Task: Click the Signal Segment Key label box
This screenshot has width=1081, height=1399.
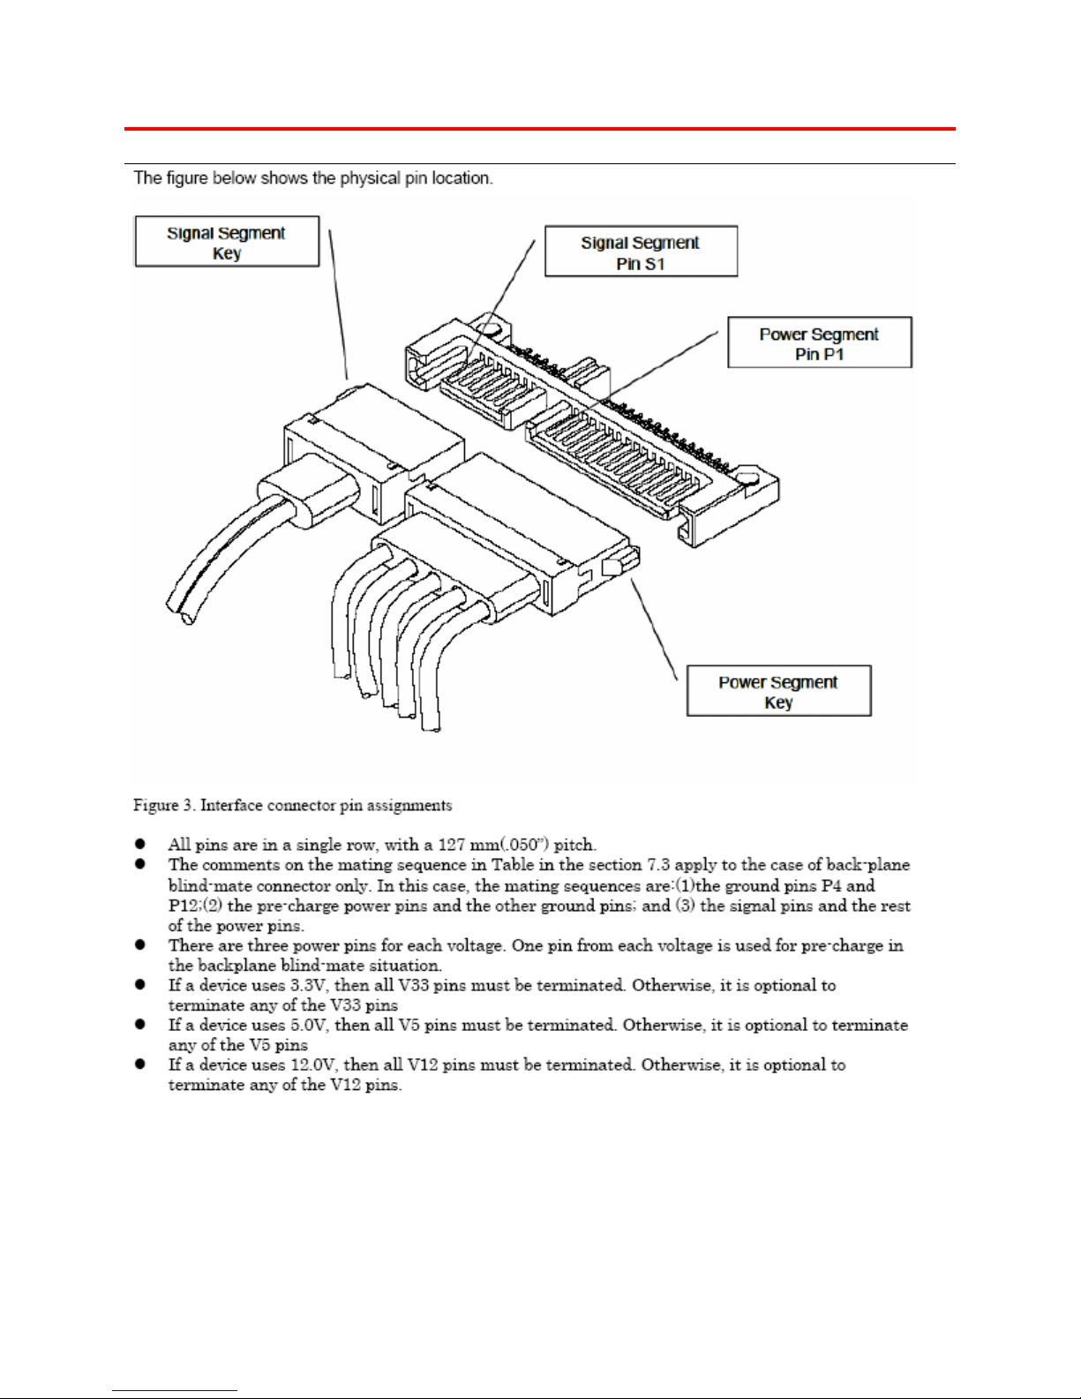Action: [x=227, y=242]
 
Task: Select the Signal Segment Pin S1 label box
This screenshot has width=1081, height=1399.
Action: [x=641, y=251]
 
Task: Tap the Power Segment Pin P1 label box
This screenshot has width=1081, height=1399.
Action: [x=820, y=342]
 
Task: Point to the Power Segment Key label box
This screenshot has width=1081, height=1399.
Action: [x=778, y=691]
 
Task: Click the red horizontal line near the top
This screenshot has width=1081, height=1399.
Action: [x=540, y=129]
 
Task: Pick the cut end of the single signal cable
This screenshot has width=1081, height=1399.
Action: [x=186, y=618]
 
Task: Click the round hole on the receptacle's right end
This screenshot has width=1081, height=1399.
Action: [x=748, y=477]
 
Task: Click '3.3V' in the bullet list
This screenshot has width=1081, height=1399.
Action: [x=310, y=986]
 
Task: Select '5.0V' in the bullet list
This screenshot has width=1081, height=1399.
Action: [x=310, y=1025]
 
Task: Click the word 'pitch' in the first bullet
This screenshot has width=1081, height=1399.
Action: [x=574, y=845]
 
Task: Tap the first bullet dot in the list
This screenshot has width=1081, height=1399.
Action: [x=139, y=844]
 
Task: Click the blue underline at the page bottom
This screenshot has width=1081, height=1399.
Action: [x=175, y=1391]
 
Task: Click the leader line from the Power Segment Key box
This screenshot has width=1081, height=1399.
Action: [x=654, y=629]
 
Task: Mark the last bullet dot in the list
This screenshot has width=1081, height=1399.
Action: [x=139, y=1064]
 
